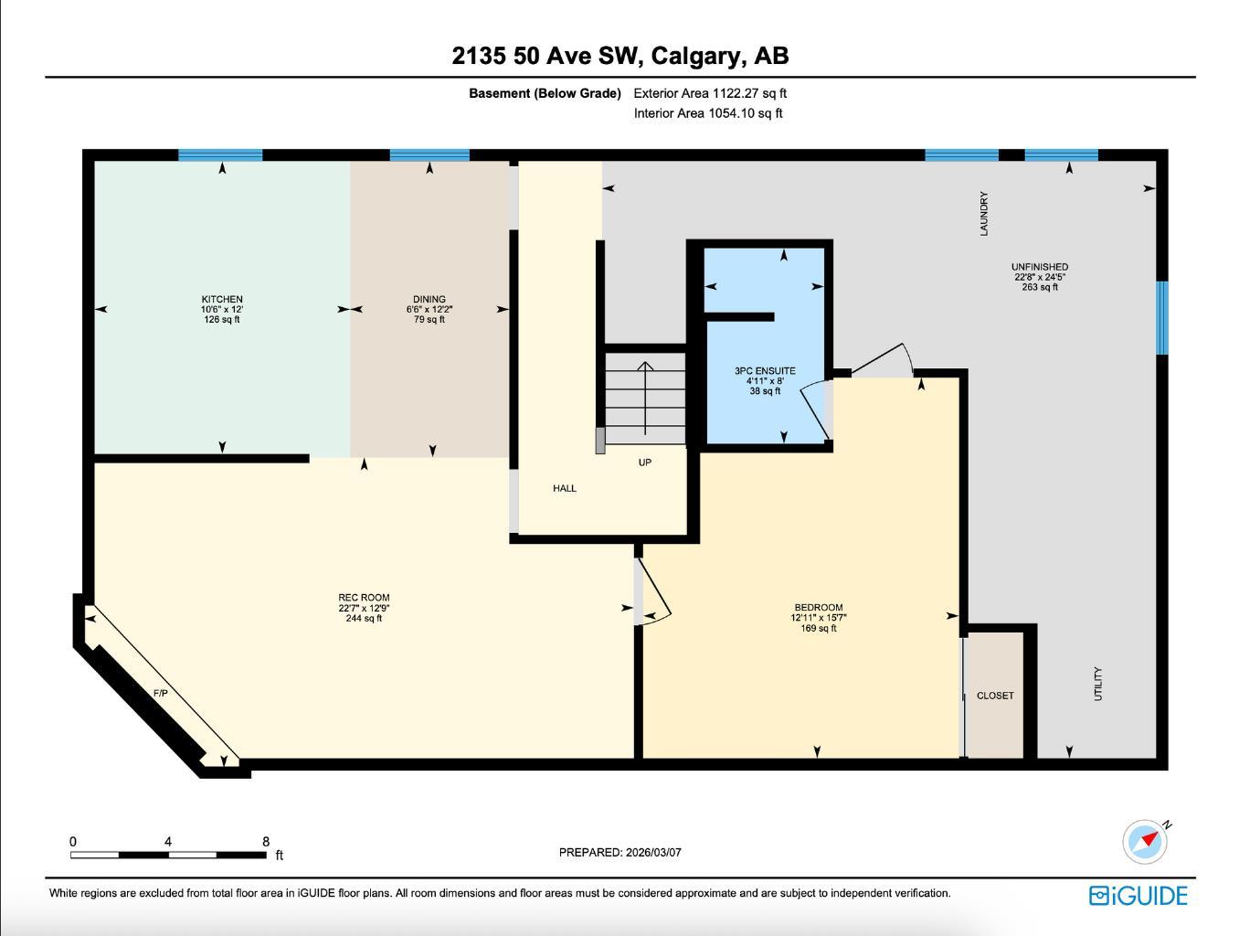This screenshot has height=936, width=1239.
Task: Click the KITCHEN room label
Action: pos(222,300)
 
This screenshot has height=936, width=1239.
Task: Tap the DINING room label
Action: pos(429,300)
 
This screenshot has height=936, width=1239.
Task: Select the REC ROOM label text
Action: pos(364,598)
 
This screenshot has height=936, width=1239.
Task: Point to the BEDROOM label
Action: pos(818,608)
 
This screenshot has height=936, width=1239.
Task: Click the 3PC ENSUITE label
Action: pos(765,371)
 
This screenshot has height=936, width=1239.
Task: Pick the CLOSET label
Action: pos(995,696)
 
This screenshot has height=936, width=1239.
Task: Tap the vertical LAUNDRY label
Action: pos(984,213)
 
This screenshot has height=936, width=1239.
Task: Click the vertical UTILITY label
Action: pos(1098,684)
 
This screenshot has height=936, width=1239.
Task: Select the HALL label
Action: pos(565,488)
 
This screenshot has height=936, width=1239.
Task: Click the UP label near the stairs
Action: pos(645,463)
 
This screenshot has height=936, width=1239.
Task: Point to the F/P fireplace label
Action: pos(161,694)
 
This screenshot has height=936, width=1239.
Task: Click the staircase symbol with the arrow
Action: pos(645,399)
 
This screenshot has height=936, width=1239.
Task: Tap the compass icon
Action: pos(1145,841)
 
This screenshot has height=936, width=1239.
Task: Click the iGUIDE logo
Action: pos(1138,895)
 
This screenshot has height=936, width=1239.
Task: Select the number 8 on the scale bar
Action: pos(266,842)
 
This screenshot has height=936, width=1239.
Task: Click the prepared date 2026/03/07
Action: pos(653,852)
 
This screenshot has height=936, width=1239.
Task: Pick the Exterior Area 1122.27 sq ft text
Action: pos(710,93)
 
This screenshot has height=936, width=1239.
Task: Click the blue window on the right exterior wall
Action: pos(1162,317)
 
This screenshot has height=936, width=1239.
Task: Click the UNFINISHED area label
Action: pos(1040,267)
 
